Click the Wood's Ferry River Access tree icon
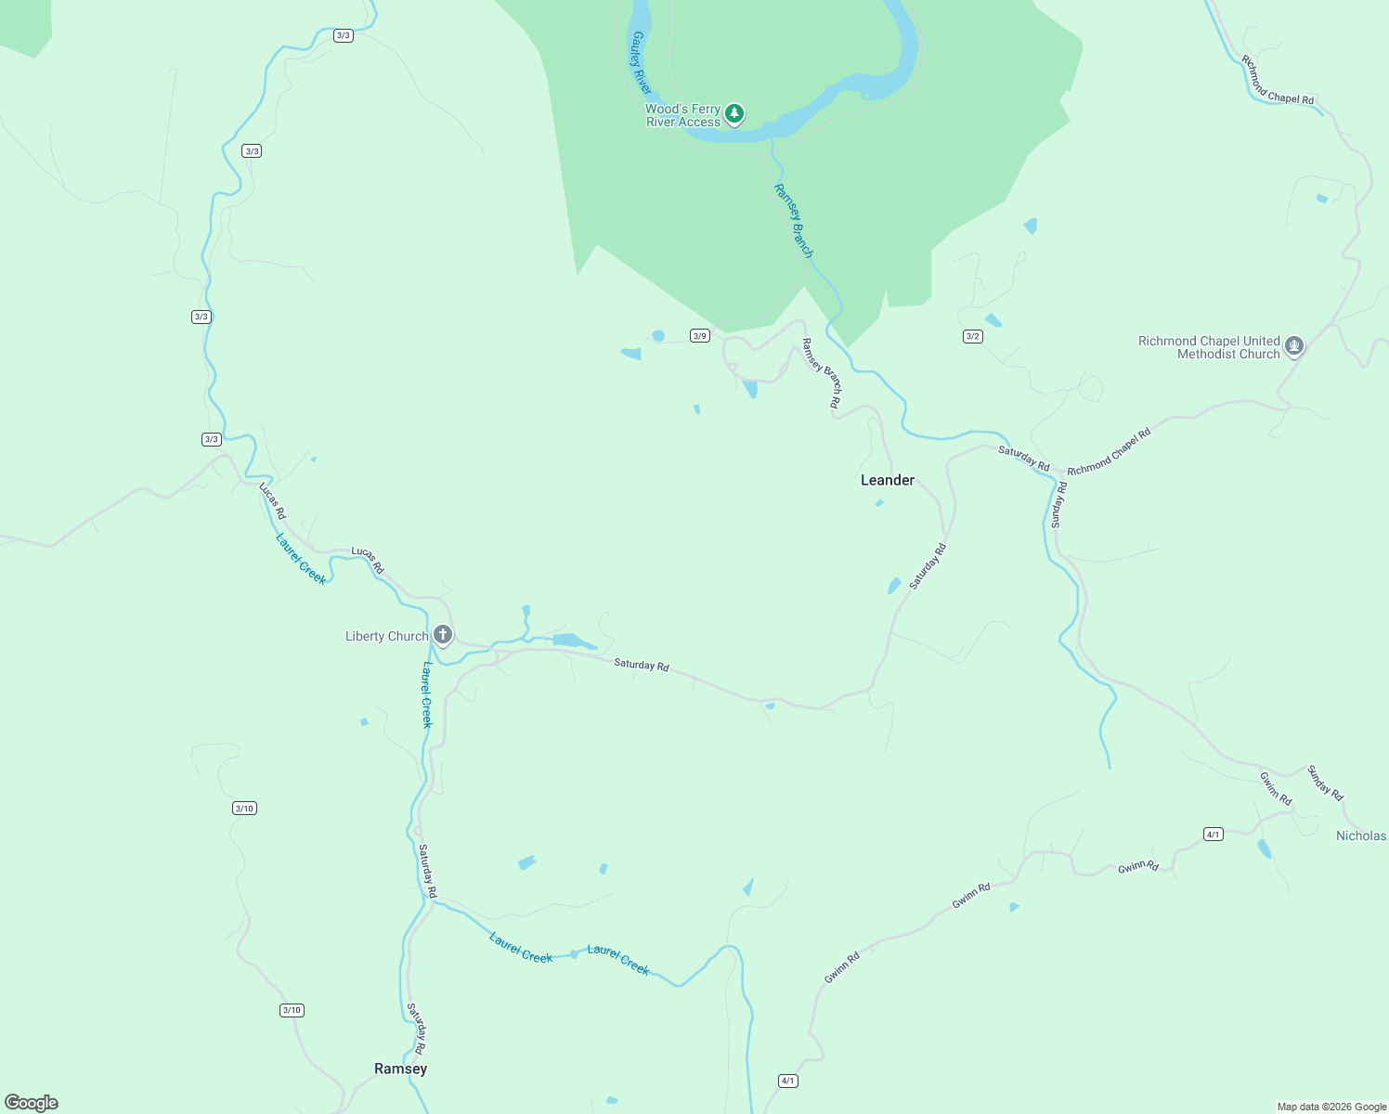(x=734, y=113)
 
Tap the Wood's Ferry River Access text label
(x=683, y=115)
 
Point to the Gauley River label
(x=641, y=62)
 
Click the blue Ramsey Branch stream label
(x=794, y=221)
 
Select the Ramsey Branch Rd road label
(x=822, y=373)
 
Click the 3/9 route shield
(x=699, y=336)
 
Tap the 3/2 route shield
(x=972, y=336)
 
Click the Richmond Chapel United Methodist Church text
(x=1209, y=347)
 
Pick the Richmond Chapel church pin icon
(x=1294, y=346)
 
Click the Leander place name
(x=888, y=480)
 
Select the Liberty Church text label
(x=386, y=636)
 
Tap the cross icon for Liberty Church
(x=443, y=635)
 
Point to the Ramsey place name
(x=400, y=1069)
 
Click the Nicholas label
(x=1360, y=835)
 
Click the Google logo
(x=32, y=1103)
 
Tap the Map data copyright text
(x=1331, y=1107)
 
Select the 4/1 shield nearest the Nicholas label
(x=1213, y=834)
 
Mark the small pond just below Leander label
(x=879, y=503)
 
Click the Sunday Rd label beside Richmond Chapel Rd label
(x=1059, y=505)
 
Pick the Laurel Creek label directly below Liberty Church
(x=426, y=694)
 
